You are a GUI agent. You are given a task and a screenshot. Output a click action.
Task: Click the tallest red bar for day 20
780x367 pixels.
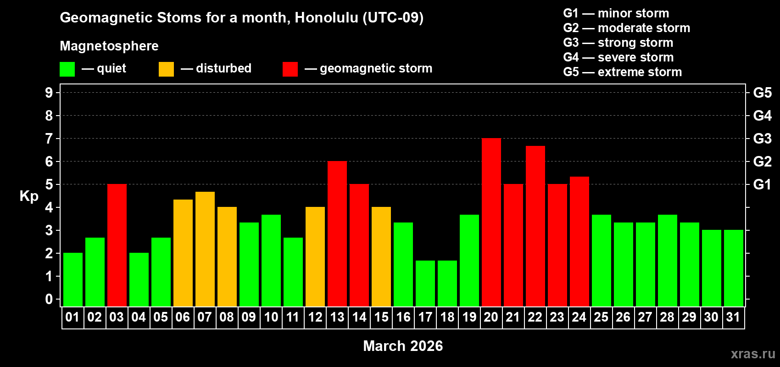tap(491, 222)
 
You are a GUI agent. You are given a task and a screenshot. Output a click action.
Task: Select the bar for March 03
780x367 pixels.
tap(117, 245)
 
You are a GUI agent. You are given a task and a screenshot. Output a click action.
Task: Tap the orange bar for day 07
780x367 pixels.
tap(205, 249)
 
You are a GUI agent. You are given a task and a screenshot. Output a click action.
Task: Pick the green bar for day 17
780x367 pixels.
tap(425, 284)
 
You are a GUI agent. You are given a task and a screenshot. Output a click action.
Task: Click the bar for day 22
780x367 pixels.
tap(535, 226)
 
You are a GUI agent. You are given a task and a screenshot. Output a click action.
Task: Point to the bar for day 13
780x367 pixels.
tap(337, 234)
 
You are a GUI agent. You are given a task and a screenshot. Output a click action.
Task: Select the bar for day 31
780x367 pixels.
tap(733, 268)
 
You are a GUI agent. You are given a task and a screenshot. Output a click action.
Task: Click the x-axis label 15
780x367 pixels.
tap(381, 317)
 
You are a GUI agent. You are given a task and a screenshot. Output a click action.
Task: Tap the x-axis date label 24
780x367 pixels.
tap(579, 317)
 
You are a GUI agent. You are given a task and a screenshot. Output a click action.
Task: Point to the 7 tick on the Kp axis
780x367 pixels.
tap(49, 139)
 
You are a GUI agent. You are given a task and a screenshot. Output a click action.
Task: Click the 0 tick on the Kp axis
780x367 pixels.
tap(49, 299)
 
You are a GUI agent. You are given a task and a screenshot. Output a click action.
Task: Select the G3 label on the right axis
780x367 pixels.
tap(762, 139)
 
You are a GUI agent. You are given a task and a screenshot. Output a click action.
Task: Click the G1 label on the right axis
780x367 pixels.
tap(762, 184)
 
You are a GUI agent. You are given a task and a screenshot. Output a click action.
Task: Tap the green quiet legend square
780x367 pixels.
tap(67, 69)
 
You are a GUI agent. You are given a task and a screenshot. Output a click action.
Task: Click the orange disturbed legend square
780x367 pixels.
tap(166, 69)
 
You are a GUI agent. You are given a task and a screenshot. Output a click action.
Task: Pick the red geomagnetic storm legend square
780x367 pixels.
tap(290, 69)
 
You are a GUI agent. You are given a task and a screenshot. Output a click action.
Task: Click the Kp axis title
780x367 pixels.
tap(29, 196)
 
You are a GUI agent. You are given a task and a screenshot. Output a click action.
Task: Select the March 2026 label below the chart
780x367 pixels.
tap(403, 346)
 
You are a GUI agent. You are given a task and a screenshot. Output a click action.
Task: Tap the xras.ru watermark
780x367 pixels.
tap(752, 354)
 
